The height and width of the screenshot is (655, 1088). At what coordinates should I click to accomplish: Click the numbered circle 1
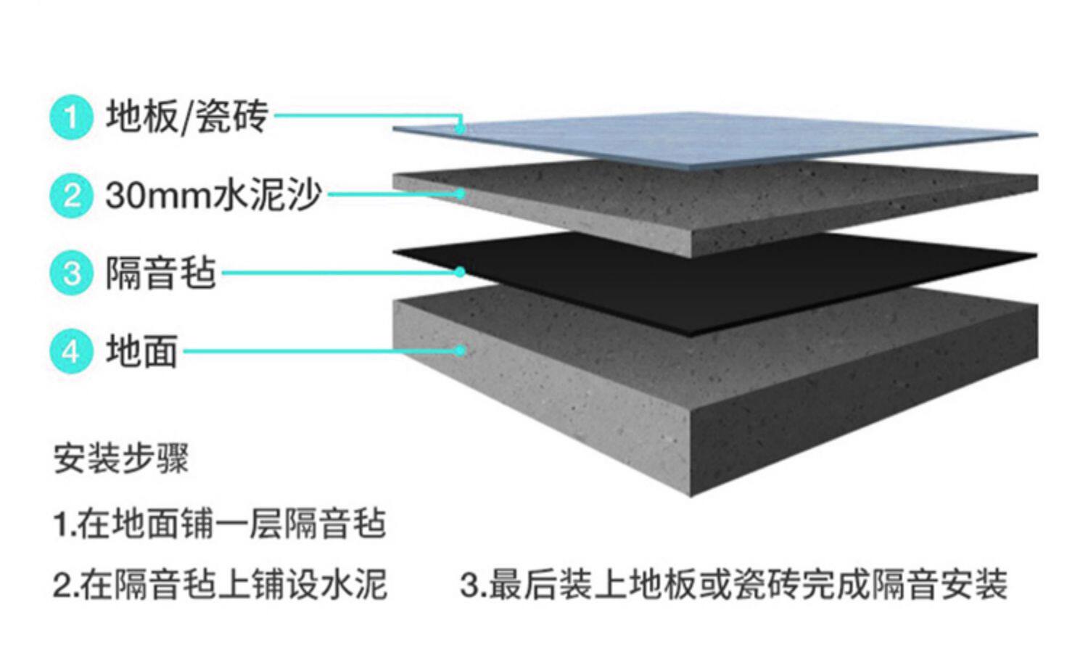[71, 117]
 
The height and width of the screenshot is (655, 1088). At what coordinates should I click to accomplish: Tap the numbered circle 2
[71, 195]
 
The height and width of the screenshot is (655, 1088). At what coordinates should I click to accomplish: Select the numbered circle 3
[71, 273]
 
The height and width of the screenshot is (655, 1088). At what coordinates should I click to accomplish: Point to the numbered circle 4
[71, 352]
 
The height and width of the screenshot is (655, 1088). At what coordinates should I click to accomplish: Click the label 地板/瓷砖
[187, 116]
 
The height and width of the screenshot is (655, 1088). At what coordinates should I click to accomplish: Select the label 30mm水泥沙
[213, 194]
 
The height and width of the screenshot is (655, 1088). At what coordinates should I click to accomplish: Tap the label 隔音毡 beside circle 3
[160, 273]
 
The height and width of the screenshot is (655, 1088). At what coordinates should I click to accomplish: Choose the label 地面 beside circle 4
[141, 351]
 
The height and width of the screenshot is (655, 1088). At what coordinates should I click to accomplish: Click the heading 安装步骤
[121, 458]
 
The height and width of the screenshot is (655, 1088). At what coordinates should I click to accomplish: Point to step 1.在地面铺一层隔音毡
[219, 524]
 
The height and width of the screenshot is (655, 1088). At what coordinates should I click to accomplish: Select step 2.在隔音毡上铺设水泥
[220, 585]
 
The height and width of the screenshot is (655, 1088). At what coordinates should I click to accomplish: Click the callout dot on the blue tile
[460, 129]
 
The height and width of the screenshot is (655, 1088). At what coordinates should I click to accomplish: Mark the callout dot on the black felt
[460, 272]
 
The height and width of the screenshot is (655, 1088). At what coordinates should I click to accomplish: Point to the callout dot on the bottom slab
[460, 350]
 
